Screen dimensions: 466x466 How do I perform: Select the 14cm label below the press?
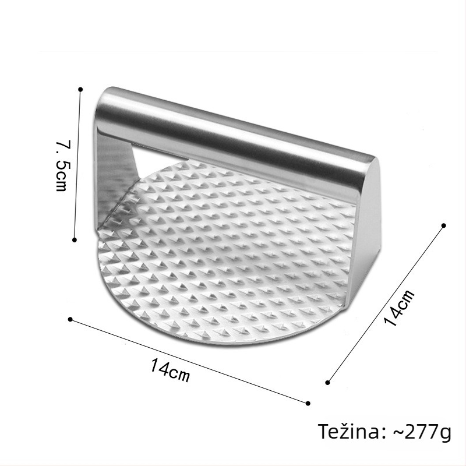point(170,370)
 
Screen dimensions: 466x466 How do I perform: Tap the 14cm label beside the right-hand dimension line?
point(399,308)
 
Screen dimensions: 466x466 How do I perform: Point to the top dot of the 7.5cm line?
point(80,89)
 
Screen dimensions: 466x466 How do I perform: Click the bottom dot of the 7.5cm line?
point(75,239)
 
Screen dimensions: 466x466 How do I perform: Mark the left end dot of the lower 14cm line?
point(70,319)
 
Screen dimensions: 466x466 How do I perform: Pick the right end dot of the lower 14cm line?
point(308,403)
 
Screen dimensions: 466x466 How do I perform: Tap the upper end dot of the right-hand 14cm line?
point(444,225)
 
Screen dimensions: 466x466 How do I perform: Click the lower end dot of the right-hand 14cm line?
point(327,383)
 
